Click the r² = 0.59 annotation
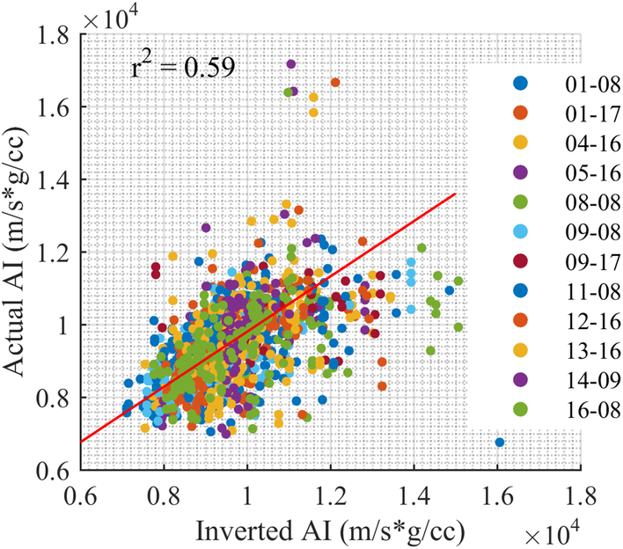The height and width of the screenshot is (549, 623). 183,67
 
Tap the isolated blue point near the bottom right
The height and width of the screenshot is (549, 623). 500,443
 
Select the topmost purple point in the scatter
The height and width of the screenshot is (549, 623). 291,64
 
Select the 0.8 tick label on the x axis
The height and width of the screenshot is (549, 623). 165,489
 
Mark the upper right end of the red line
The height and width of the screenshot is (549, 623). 455,194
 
